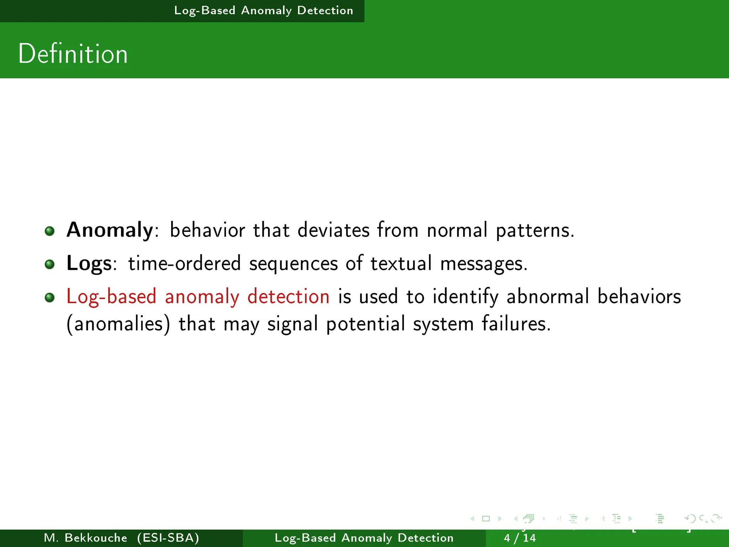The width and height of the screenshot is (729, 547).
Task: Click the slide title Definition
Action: pyautogui.click(x=73, y=54)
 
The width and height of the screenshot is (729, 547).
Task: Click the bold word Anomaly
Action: pyautogui.click(x=110, y=230)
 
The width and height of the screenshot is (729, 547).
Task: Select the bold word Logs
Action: pyautogui.click(x=89, y=264)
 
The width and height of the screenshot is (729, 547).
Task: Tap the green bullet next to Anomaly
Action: pyautogui.click(x=49, y=231)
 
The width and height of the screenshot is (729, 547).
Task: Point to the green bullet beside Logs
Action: pyautogui.click(x=49, y=264)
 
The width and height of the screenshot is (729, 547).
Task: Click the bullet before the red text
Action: pyautogui.click(x=49, y=297)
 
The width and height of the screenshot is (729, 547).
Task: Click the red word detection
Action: pyautogui.click(x=288, y=296)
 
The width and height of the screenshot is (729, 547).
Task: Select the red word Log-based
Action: pyautogui.click(x=111, y=297)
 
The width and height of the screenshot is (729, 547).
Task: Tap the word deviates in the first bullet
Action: pyautogui.click(x=334, y=230)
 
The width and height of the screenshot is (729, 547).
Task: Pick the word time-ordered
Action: pyautogui.click(x=184, y=264)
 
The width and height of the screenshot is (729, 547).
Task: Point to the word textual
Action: pyautogui.click(x=401, y=264)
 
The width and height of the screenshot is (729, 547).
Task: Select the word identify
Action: pyautogui.click(x=465, y=297)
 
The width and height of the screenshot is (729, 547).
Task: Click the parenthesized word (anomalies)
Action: pyautogui.click(x=119, y=324)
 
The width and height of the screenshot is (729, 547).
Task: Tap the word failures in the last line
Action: pyautogui.click(x=516, y=324)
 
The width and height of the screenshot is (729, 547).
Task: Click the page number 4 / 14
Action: pyautogui.click(x=520, y=538)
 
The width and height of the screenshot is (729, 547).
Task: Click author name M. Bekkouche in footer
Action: pyautogui.click(x=85, y=538)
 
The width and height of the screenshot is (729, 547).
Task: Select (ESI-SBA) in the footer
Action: pyautogui.click(x=168, y=538)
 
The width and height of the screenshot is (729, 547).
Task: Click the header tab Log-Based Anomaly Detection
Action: pyautogui.click(x=263, y=11)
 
